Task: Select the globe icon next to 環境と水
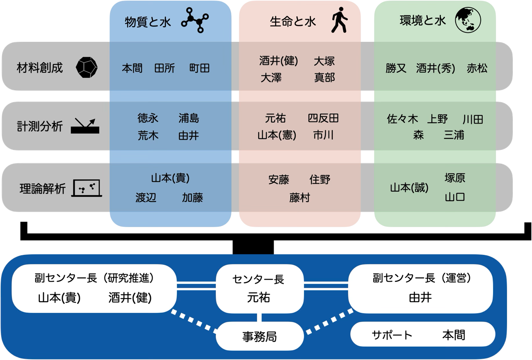468,21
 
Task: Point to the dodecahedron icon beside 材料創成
87,67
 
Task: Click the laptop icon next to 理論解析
87,188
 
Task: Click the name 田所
164,68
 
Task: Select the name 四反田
323,119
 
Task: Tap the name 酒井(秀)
436,69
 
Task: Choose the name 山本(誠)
409,188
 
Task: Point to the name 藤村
299,198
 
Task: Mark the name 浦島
189,119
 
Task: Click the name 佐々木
402,119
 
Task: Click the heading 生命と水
293,21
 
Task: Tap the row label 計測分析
40,126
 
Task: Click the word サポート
392,335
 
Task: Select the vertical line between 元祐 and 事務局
259,317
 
